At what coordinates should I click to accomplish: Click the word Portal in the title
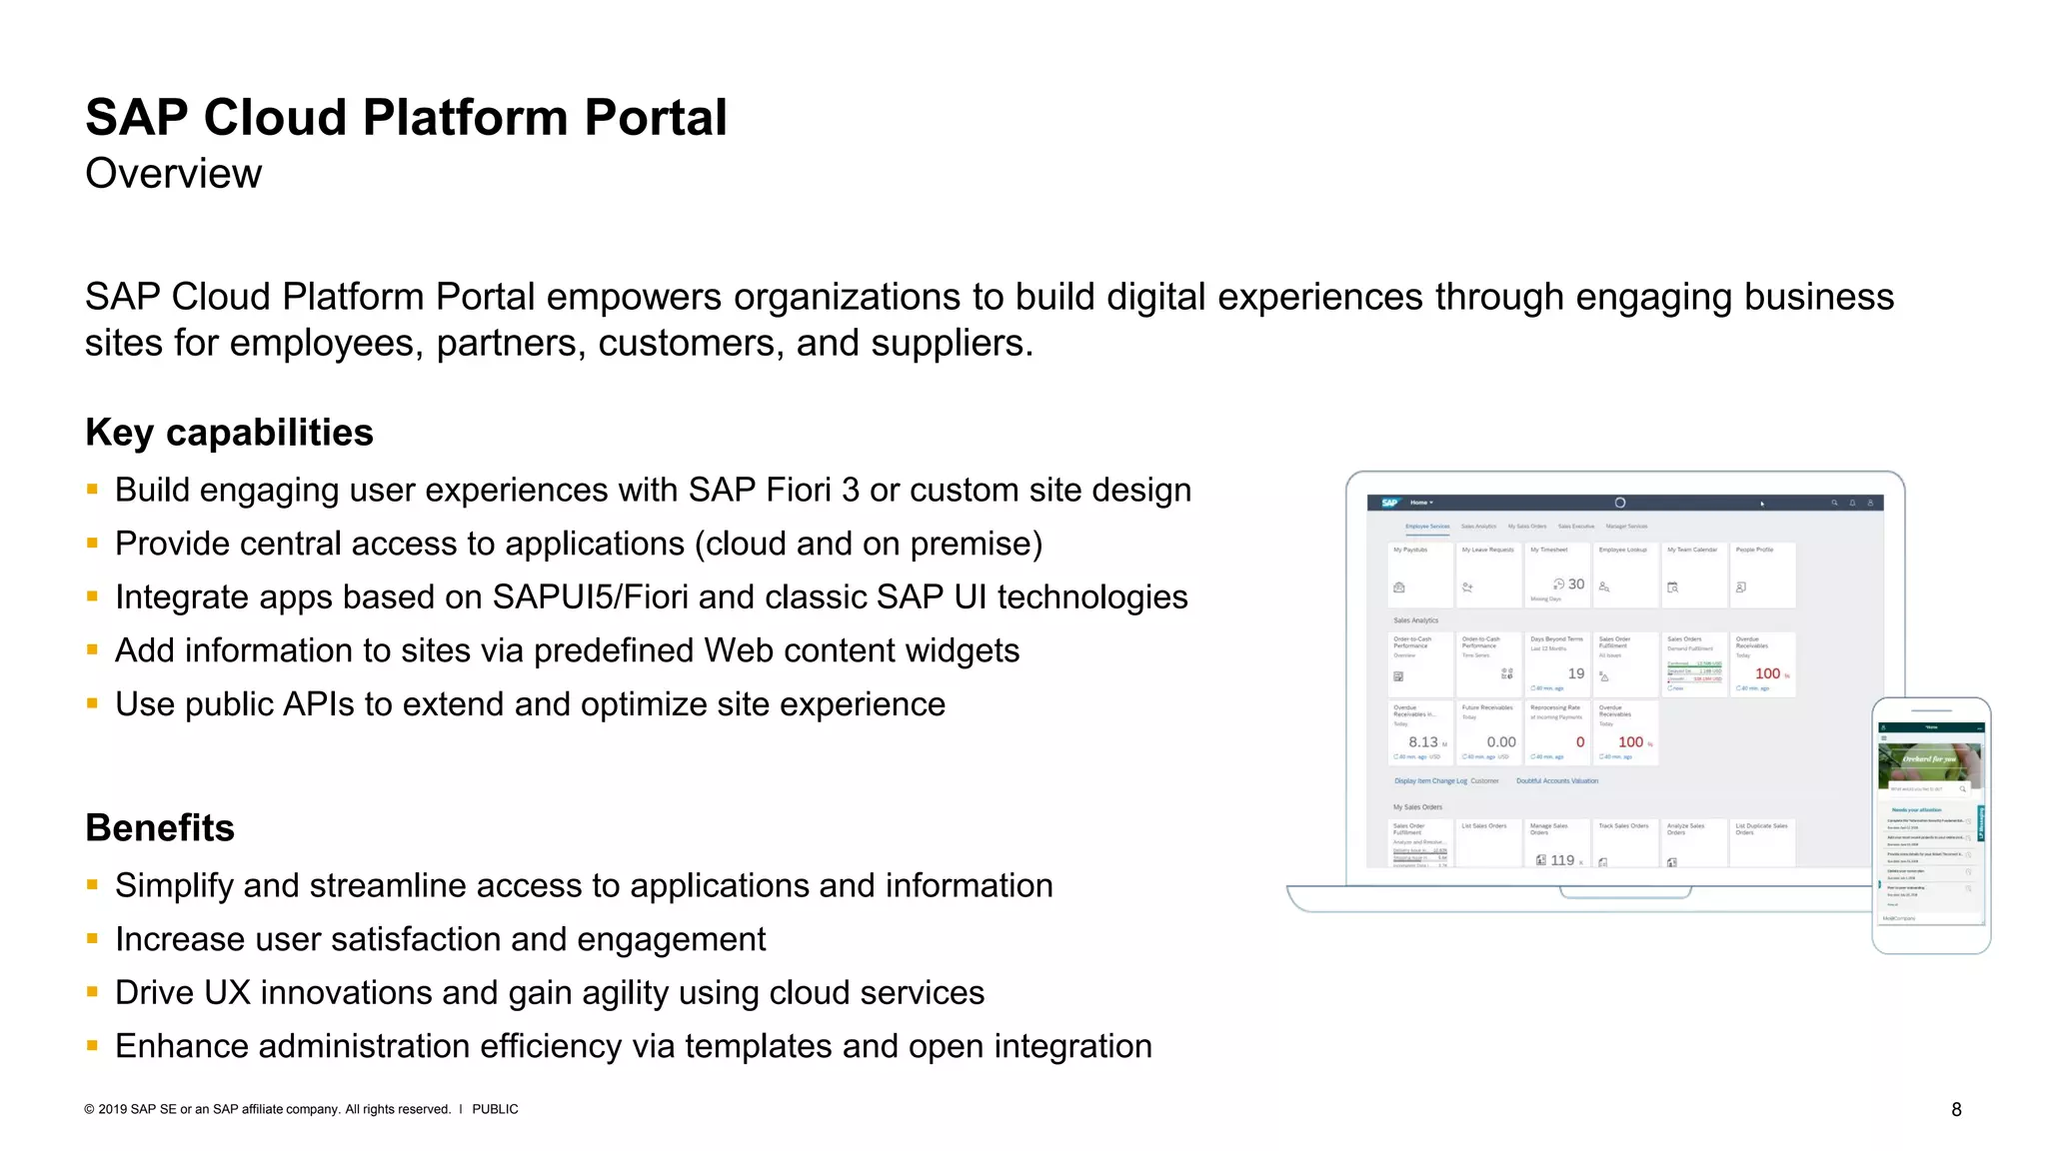[655, 118]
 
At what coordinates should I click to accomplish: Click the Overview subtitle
[173, 174]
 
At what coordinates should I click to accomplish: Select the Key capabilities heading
[229, 433]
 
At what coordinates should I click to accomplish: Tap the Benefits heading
[160, 828]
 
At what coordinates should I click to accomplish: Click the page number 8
[1956, 1109]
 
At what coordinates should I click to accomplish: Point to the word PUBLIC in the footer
[495, 1109]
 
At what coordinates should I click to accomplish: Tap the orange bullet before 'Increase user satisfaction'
[92, 939]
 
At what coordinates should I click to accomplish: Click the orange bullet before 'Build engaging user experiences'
[92, 490]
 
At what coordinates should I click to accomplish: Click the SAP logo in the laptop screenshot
[1389, 503]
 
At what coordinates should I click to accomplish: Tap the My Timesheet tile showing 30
[1556, 575]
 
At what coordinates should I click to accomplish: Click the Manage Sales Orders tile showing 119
[1556, 844]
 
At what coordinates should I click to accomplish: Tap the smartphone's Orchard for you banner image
[1930, 760]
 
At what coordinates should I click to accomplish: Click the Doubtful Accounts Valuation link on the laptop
[1557, 781]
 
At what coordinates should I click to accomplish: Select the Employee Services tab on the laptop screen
[1427, 527]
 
